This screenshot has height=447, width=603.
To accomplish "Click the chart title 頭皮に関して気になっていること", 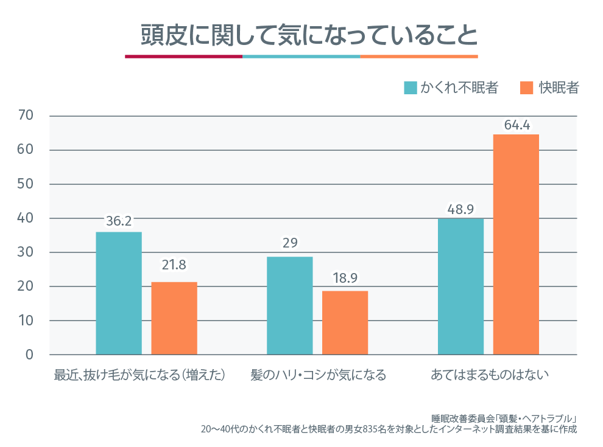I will (x=301, y=35).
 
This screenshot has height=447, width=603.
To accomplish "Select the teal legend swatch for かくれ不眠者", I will (x=411, y=88).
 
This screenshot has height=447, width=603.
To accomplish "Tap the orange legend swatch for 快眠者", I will (x=527, y=88).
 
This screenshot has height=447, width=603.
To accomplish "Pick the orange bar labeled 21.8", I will (x=174, y=318).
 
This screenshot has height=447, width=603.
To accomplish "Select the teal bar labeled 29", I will (x=289, y=305).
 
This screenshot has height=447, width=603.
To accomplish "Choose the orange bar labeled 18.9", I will (x=345, y=322).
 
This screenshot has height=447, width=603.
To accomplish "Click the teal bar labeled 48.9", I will (x=460, y=286).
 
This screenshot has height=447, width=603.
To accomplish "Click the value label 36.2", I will (x=119, y=222).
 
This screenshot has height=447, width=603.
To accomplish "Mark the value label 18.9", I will (x=345, y=279).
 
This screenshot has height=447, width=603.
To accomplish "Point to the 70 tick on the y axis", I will (x=26, y=116).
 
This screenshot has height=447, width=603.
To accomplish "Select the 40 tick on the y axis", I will (x=26, y=218).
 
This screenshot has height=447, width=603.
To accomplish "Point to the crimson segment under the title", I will (x=183, y=57).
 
